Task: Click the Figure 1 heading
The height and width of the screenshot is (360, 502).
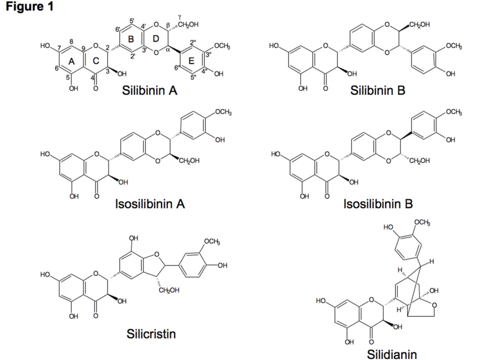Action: click(x=29, y=7)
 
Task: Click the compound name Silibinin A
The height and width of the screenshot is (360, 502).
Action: click(x=150, y=90)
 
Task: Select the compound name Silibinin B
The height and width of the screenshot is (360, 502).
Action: click(x=377, y=90)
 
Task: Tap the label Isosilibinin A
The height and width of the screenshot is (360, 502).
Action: click(x=150, y=204)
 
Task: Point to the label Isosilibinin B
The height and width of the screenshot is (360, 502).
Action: click(x=378, y=204)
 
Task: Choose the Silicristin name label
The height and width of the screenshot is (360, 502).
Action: click(x=151, y=334)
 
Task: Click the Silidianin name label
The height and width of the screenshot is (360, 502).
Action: click(x=392, y=354)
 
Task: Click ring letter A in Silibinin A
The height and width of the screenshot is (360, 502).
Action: click(x=72, y=61)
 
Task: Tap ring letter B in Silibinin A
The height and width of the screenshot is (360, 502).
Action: click(x=131, y=39)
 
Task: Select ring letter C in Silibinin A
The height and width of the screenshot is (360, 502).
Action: click(x=96, y=61)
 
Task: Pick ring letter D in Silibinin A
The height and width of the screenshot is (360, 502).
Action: click(x=156, y=39)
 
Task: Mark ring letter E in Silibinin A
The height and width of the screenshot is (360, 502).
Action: click(x=191, y=61)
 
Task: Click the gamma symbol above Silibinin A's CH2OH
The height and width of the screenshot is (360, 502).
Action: click(x=180, y=17)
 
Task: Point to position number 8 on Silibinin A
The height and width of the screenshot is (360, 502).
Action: click(x=72, y=42)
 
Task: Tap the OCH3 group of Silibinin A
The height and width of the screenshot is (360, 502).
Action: click(x=222, y=46)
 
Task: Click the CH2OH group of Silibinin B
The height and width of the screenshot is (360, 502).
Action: click(x=419, y=24)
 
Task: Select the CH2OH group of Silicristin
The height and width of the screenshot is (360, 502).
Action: click(x=169, y=290)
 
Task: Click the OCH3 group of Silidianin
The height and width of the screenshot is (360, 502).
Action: click(x=422, y=222)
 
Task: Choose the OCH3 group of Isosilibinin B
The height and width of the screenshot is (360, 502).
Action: click(x=454, y=112)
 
